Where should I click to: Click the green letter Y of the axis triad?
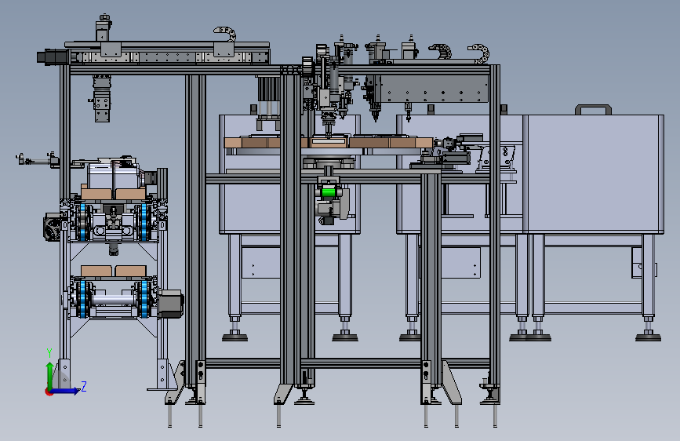coord(49,353)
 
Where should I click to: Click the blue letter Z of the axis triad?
coord(84,386)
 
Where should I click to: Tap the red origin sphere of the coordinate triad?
coord(49,392)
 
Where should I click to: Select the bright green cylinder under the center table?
coord(329,192)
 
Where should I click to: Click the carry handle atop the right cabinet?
coord(593,109)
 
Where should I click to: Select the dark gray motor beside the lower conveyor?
coord(170,304)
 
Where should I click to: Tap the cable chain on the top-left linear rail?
coord(225,35)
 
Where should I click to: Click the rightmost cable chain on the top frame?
coord(479,52)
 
